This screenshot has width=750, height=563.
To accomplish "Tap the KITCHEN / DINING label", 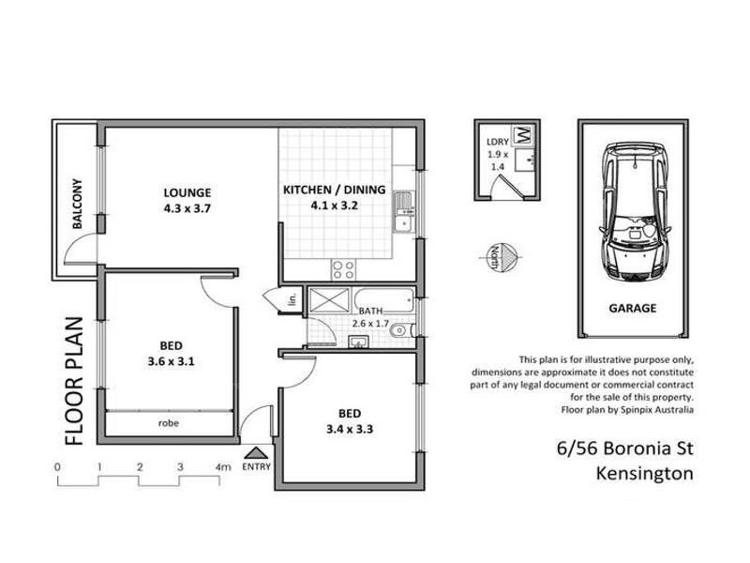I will point(334,190).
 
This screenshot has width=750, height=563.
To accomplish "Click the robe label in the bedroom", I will point(170,423).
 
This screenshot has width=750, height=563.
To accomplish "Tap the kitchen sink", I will point(404,211).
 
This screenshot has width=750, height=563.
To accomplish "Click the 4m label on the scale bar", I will point(222,466).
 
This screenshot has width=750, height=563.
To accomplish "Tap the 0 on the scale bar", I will point(57,466).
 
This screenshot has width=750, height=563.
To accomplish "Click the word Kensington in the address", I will point(644,474).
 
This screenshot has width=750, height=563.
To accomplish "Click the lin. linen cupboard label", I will point(292,300).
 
